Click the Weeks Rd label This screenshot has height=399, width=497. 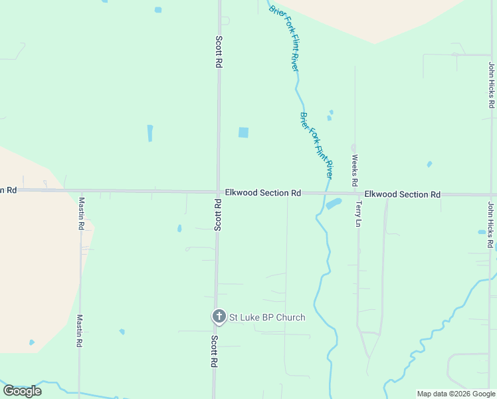point(355,170)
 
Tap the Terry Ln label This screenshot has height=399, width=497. point(357,214)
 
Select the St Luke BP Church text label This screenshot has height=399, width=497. point(267,317)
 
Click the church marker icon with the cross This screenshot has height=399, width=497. point(219,317)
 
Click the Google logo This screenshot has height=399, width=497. point(22,391)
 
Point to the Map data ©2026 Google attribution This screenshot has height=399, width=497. point(456,394)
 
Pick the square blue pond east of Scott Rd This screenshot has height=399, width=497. point(243,132)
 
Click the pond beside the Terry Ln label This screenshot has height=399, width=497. point(334,203)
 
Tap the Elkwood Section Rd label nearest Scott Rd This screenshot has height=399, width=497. point(262,193)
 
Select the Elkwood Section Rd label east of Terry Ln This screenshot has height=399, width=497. point(403,194)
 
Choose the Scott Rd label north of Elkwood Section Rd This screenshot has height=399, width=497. point(218,51)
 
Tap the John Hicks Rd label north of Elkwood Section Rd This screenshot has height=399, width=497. point(491,85)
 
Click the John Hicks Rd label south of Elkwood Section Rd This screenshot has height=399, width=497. point(491,225)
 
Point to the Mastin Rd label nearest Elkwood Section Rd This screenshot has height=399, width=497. point(81,213)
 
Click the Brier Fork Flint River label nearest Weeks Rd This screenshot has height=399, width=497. point(316,145)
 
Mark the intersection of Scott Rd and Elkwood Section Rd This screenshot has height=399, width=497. point(218,192)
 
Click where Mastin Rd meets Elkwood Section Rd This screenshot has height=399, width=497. point(81,191)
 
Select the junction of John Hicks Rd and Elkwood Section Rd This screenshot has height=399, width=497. point(491,195)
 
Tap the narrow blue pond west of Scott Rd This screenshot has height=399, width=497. point(150,133)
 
